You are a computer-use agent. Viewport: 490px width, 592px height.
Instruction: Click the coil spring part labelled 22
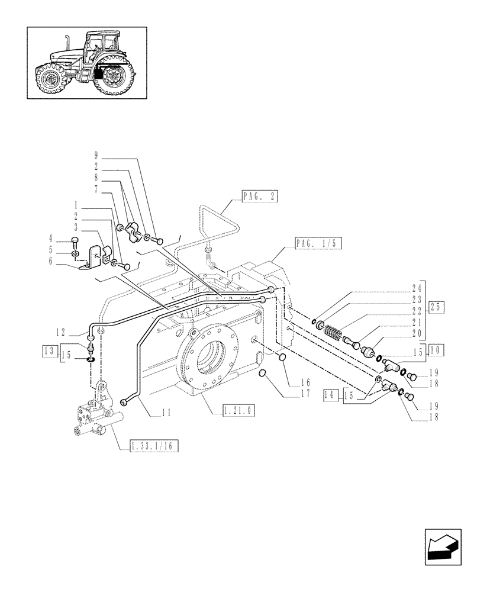tap(336, 332)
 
